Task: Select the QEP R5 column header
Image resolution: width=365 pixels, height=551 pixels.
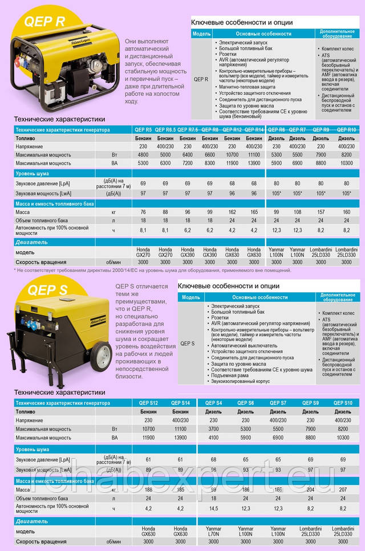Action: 143,130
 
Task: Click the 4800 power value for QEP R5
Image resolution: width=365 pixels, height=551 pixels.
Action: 143,154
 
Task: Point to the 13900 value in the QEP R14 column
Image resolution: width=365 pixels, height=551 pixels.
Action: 255,163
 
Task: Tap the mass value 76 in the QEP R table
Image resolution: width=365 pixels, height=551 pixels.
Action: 143,212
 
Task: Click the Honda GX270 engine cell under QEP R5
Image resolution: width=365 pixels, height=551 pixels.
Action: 143,252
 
